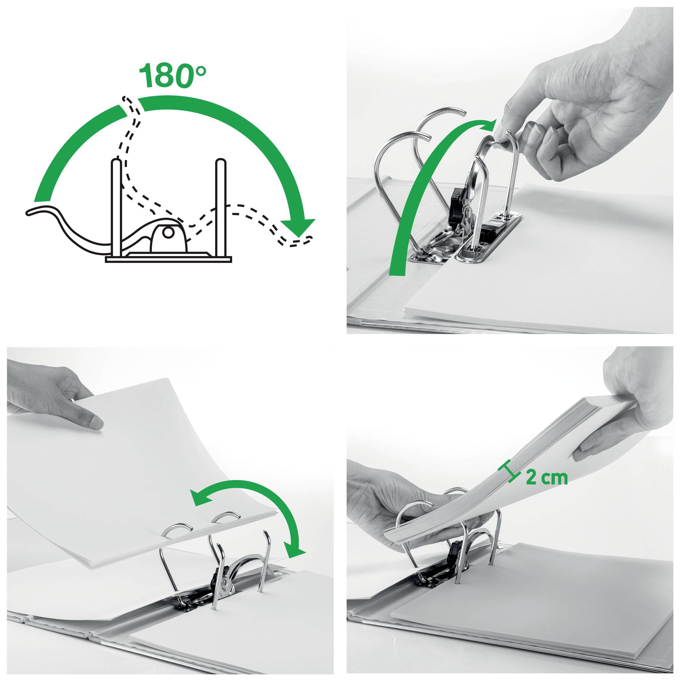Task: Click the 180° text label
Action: pos(172,75)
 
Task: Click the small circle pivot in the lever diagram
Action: pos(169,233)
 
